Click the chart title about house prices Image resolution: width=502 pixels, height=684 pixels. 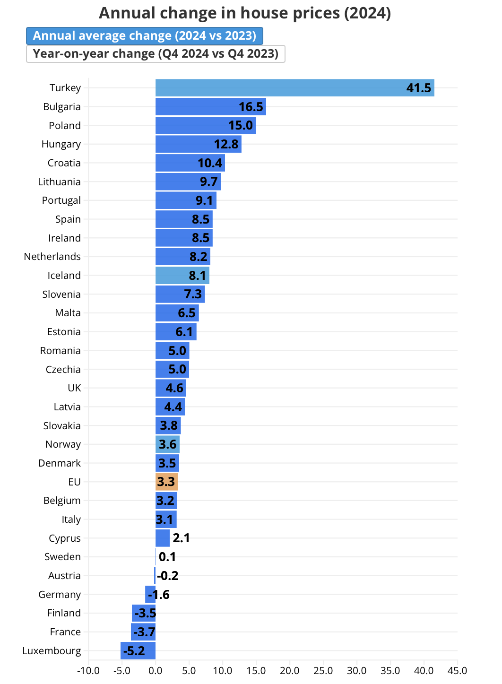coord(244,13)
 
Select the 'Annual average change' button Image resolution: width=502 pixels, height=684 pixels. coord(144,36)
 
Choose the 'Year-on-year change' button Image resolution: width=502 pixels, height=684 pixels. coord(156,54)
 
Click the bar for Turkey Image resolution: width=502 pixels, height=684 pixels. coord(284,88)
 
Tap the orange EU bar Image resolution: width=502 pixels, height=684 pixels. coord(166,482)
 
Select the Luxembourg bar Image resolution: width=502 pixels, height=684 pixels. coord(138,651)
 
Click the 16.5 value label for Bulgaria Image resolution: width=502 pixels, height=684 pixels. coord(251,107)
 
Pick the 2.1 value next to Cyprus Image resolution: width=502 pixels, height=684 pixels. coord(181,538)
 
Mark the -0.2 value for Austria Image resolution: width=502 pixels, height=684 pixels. coord(167,576)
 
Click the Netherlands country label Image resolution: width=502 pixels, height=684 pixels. coord(52,257)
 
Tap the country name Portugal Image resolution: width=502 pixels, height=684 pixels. coord(61,200)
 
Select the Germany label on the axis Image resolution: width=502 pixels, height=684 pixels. coord(60,595)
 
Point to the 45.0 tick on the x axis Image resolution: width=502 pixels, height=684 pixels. coord(457,671)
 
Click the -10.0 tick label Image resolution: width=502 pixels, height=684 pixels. coord(88,671)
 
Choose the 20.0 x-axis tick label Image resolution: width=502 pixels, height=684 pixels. coord(289,671)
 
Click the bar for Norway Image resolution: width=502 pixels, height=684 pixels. coord(167,444)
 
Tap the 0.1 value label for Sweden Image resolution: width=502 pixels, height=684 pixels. coord(167,557)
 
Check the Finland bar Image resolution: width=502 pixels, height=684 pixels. coord(144,613)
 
